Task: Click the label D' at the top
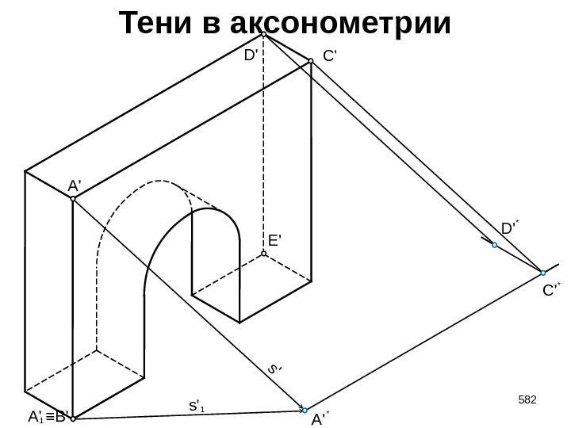pos(251,55)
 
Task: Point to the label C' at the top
pos(331,56)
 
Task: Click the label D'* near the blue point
pos(508,229)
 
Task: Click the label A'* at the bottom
pos(320,418)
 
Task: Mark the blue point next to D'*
pos(494,246)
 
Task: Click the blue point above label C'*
pos(542,273)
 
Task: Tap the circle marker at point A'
pos(72,199)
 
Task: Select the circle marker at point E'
pos(263,254)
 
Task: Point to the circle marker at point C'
pos(311,59)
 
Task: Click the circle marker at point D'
pos(263,34)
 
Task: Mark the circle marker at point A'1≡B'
pos(72,418)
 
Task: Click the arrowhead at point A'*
pos(303,410)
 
